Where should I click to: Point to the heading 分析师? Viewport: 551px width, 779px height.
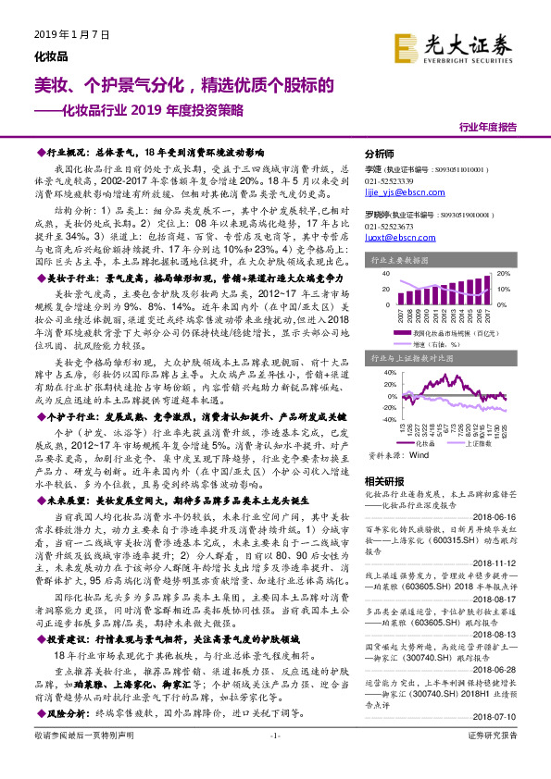[x=380, y=154]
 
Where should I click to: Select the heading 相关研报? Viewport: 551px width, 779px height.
[x=383, y=481]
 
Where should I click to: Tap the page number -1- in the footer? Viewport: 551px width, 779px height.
[x=275, y=760]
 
